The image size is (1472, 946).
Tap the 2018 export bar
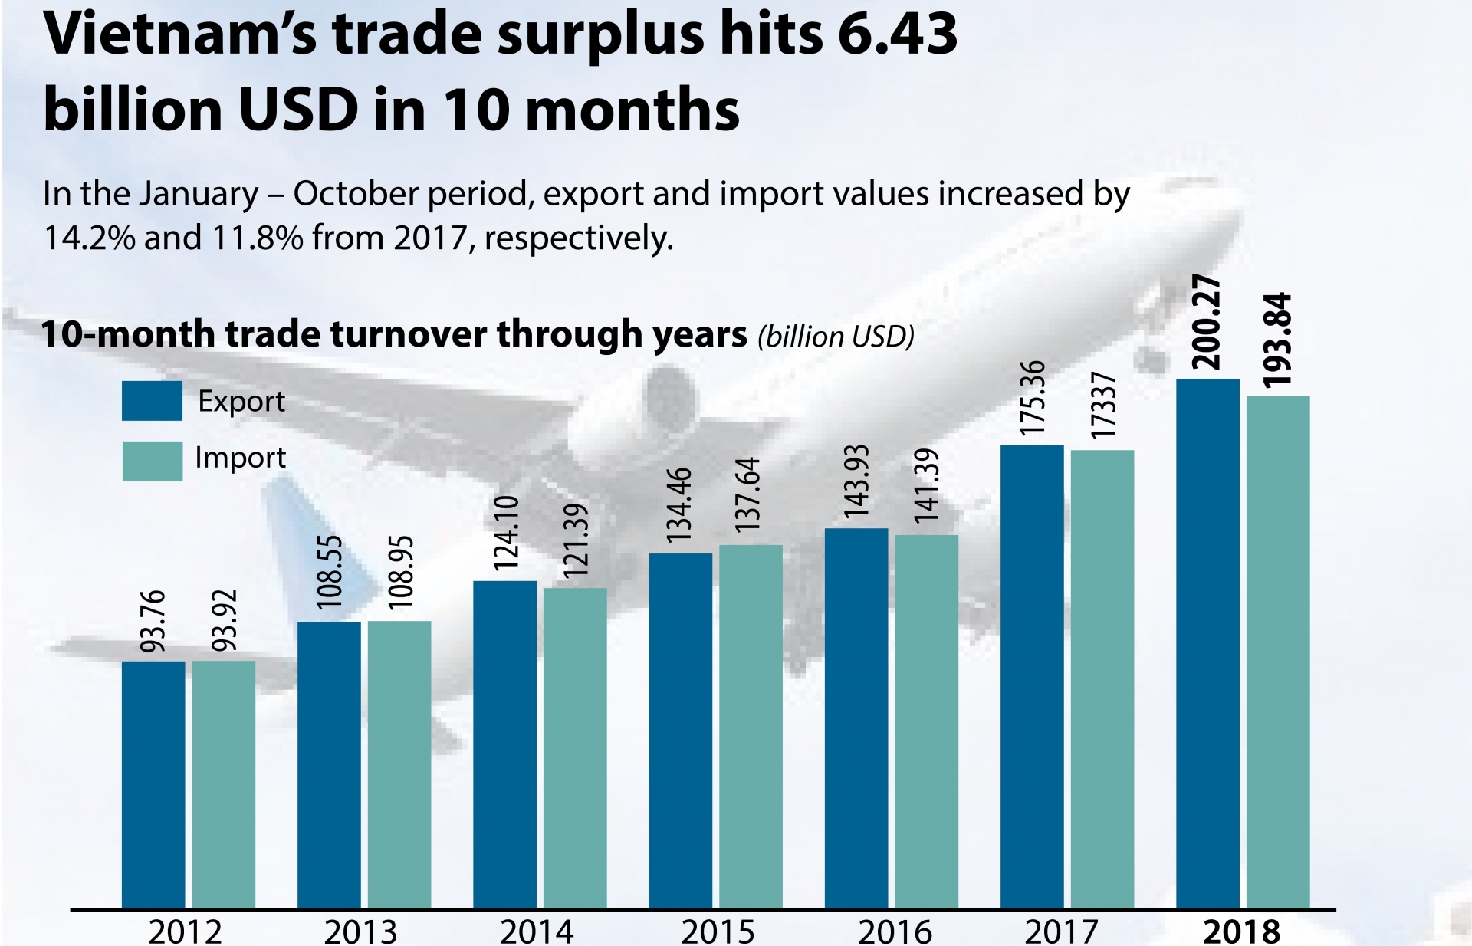(x=1207, y=644)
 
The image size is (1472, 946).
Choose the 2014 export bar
(x=504, y=744)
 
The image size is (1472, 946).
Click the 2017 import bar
(x=1102, y=679)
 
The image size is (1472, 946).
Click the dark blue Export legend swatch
(x=152, y=401)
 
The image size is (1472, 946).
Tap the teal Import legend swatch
(x=152, y=461)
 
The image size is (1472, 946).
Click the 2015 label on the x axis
(x=718, y=931)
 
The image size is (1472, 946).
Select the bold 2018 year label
(x=1241, y=931)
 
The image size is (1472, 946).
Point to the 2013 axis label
(x=360, y=931)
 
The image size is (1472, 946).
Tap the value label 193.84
(x=1277, y=340)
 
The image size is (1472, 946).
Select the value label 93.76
(x=153, y=621)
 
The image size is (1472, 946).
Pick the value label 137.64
(x=747, y=494)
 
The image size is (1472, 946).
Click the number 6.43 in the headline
(x=897, y=34)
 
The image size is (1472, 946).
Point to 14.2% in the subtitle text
(x=90, y=238)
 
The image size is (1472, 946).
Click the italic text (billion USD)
(x=836, y=336)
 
